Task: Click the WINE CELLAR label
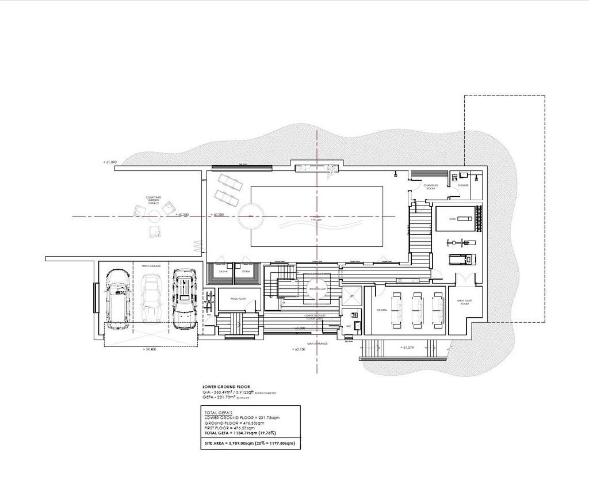tap(317, 289)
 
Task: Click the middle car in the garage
tap(151, 299)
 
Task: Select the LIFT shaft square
tap(351, 296)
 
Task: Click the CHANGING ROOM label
tap(431, 186)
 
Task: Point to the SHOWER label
tap(463, 185)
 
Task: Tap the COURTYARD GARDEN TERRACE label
tap(153, 200)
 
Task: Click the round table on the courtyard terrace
tap(154, 215)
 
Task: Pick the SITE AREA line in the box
tap(249, 444)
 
